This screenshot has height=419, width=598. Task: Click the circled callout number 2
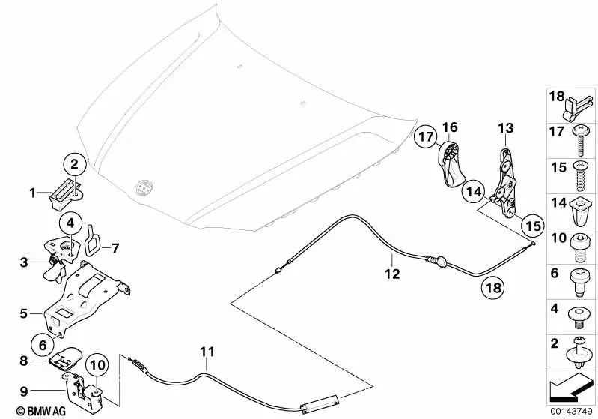click(74, 163)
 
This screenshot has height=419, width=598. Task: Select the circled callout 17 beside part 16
click(426, 137)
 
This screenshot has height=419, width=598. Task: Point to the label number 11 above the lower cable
click(207, 351)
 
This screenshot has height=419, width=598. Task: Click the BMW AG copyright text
click(26, 411)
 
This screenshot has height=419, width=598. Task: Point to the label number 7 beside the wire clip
click(115, 246)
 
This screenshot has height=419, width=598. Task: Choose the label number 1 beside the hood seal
click(33, 193)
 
